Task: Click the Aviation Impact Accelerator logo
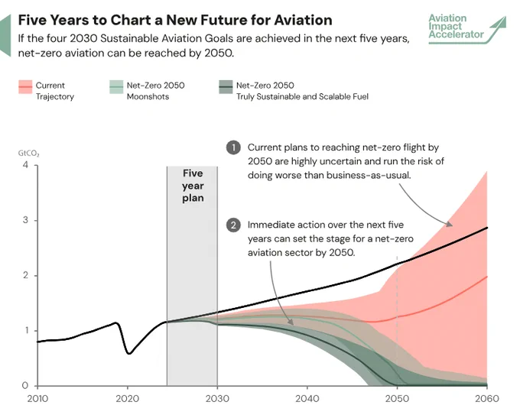click(x=467, y=29)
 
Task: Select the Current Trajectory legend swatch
click(x=25, y=87)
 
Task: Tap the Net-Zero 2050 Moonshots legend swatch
click(x=116, y=87)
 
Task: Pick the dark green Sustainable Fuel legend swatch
click(x=226, y=87)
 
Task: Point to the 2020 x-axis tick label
click(x=128, y=398)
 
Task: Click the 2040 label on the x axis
click(x=307, y=398)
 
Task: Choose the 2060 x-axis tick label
click(x=487, y=398)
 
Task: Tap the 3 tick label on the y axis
click(x=25, y=220)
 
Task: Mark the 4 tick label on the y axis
click(x=25, y=165)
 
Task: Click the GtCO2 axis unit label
click(x=28, y=153)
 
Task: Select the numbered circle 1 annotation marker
click(x=233, y=147)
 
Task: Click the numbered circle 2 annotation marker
click(x=233, y=225)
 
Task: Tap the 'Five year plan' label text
click(x=193, y=186)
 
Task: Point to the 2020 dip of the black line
click(x=129, y=353)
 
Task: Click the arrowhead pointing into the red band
click(x=450, y=224)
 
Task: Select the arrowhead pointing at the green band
click(x=290, y=322)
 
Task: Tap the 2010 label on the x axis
click(x=37, y=398)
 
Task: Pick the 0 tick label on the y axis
click(x=25, y=385)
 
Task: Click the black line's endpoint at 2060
click(x=487, y=228)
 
